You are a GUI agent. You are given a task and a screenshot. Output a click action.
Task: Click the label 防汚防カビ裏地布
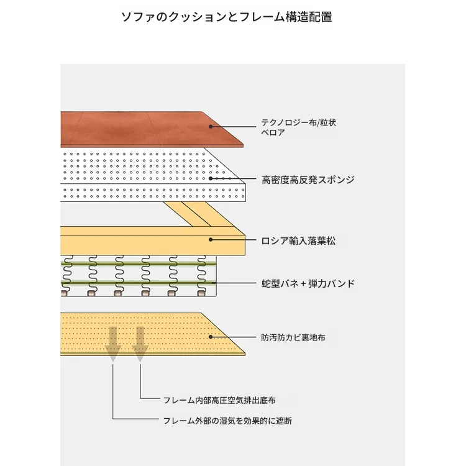(293, 338)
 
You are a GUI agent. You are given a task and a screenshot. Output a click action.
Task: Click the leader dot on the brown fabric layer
(211, 126)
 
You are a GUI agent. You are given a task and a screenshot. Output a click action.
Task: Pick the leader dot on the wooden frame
(211, 239)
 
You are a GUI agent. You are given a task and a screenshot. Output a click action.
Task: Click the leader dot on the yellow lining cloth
(211, 337)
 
